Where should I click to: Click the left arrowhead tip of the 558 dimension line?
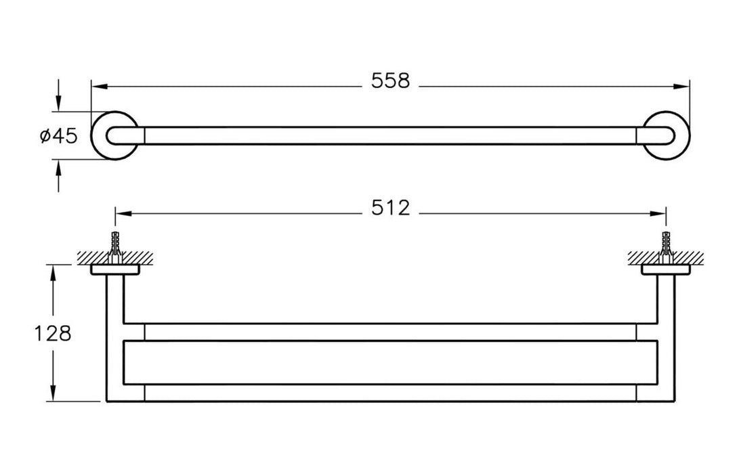(91, 87)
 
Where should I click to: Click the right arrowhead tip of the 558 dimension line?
(690, 87)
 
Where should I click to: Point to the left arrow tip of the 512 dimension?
(115, 213)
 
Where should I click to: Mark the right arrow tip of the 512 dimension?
(666, 213)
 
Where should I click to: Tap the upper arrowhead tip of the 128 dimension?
(54, 265)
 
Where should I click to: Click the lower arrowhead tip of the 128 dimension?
(54, 402)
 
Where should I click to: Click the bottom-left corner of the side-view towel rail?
(106, 402)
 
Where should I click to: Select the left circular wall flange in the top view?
(115, 135)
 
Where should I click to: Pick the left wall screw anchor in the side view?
(115, 248)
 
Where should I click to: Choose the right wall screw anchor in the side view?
(665, 248)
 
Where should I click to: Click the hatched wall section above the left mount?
(115, 258)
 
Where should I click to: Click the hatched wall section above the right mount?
(665, 258)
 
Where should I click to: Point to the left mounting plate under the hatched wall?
(115, 270)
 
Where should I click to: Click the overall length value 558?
(391, 81)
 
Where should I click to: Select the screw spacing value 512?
(391, 208)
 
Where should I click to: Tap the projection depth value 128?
(53, 334)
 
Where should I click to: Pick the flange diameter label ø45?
(58, 137)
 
